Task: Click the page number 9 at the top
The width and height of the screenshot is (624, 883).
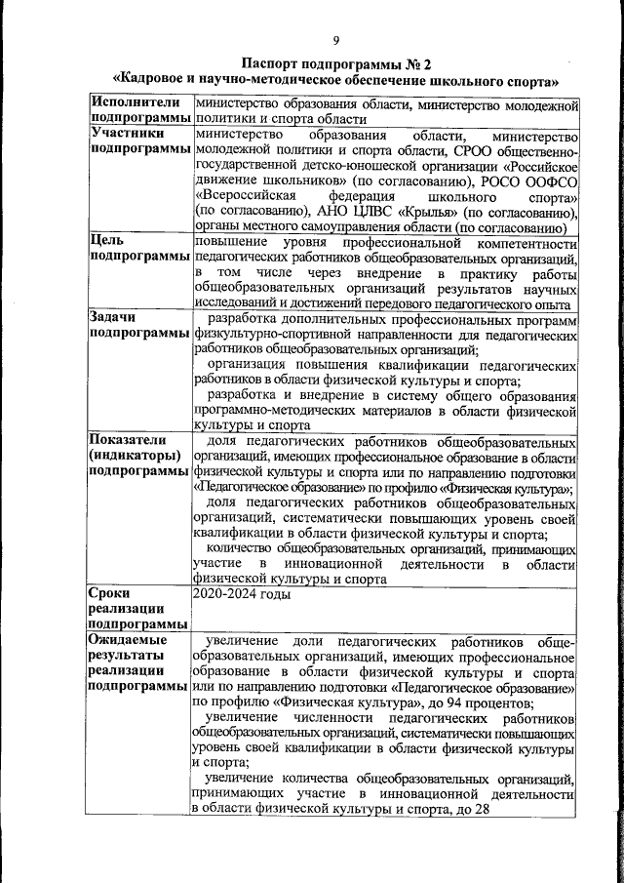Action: pos(335,40)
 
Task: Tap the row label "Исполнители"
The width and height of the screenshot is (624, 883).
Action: pos(135,101)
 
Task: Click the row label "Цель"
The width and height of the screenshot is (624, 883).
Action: pos(106,240)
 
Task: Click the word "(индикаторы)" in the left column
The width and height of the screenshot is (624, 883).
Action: pos(136,456)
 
